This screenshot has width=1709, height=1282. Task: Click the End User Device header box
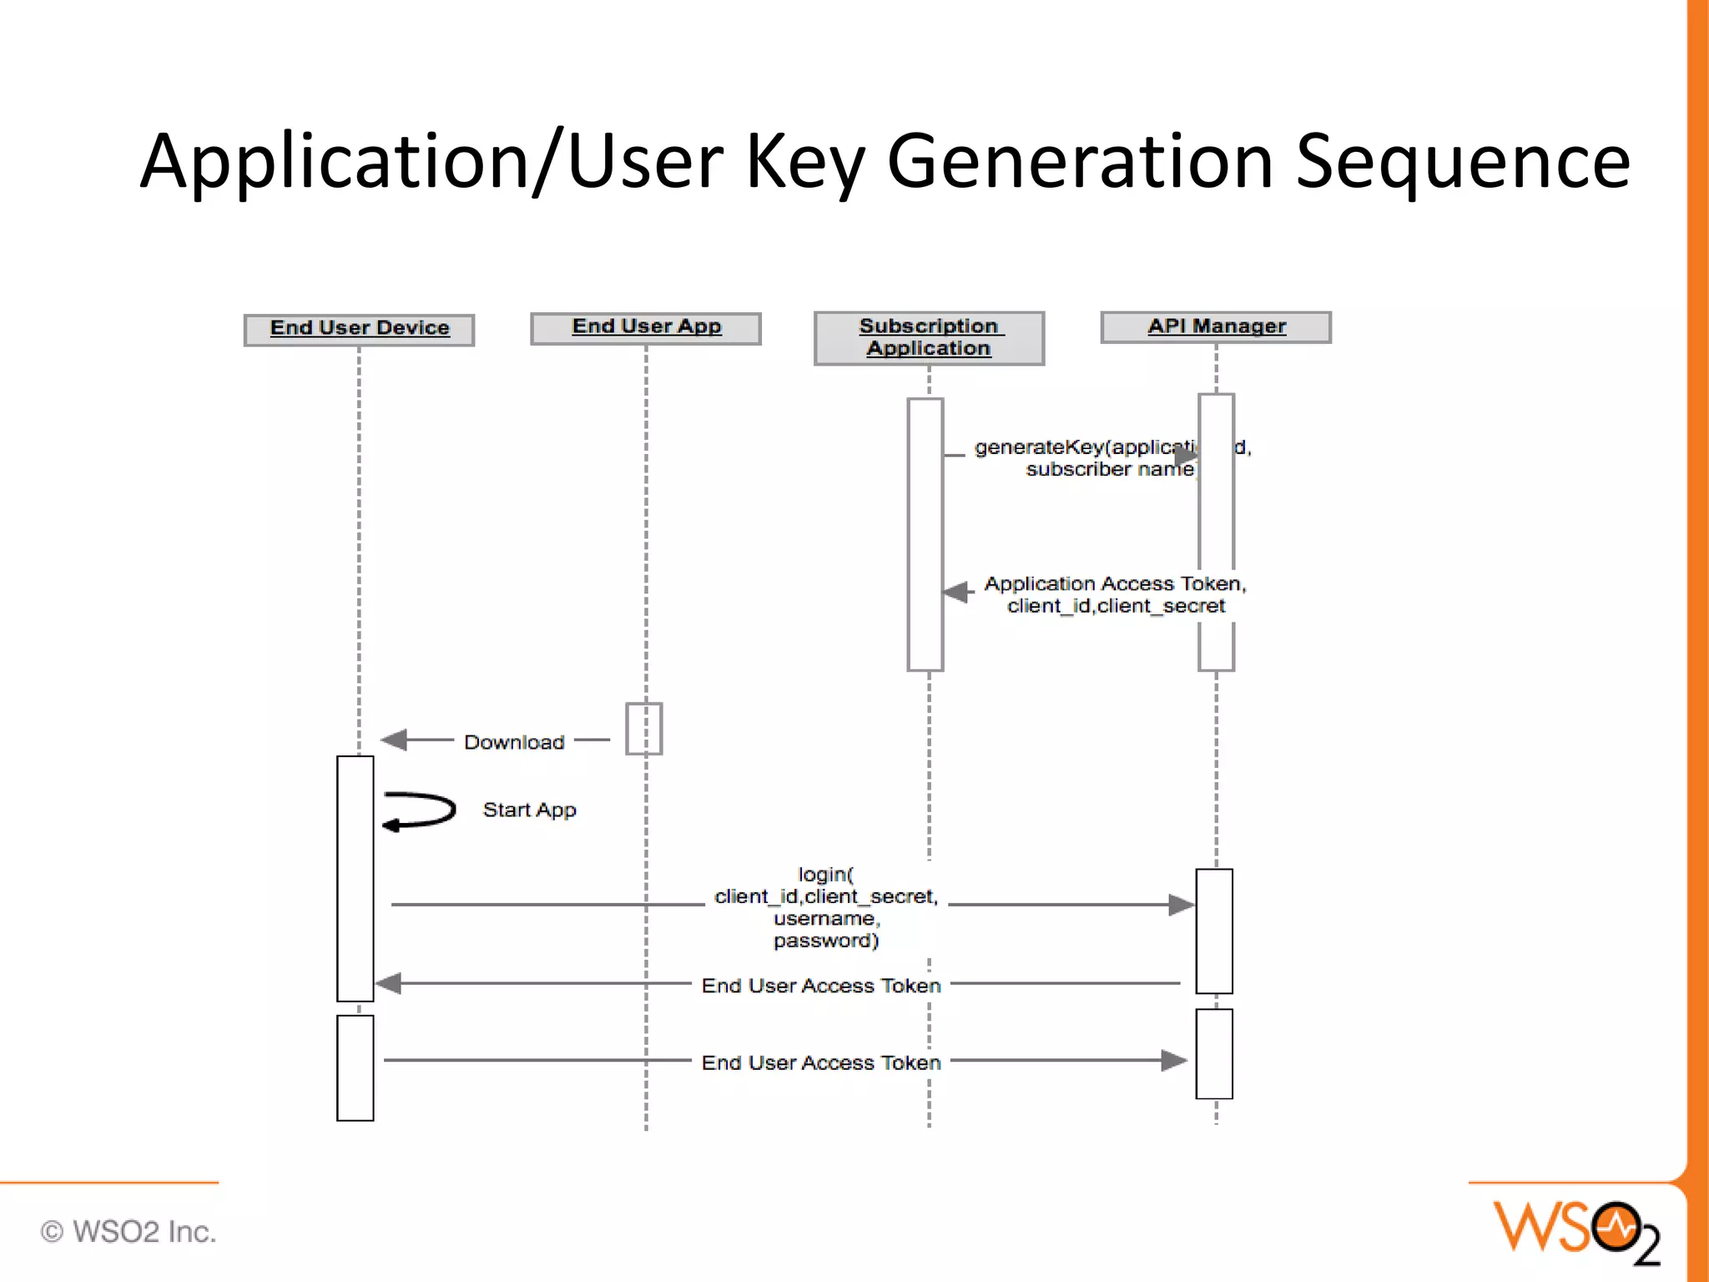tap(359, 329)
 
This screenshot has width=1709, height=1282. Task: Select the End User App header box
tap(646, 327)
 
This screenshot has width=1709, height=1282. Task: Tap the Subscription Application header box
tap(929, 338)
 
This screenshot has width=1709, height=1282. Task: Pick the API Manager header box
tap(1216, 326)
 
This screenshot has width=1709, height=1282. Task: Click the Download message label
tap(514, 742)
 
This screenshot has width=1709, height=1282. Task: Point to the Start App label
tap(529, 810)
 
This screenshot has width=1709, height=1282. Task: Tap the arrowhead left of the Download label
tap(394, 739)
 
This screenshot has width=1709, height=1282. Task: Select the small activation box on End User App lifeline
tap(644, 729)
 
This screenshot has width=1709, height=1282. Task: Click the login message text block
tap(826, 907)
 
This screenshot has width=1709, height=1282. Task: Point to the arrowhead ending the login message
tap(1181, 905)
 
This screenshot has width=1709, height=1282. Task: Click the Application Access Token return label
tap(1115, 594)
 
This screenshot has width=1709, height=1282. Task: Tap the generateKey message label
tap(1085, 458)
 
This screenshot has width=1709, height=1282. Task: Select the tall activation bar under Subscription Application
tap(925, 534)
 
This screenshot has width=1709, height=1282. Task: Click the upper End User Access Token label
tap(821, 986)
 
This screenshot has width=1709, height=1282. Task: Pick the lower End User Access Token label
tap(821, 1062)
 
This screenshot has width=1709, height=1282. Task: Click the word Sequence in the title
tap(1462, 162)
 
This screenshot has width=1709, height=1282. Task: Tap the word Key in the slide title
tap(804, 162)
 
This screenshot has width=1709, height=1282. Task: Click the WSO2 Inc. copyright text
tap(129, 1231)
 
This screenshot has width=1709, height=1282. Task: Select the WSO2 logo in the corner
tap(1575, 1230)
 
